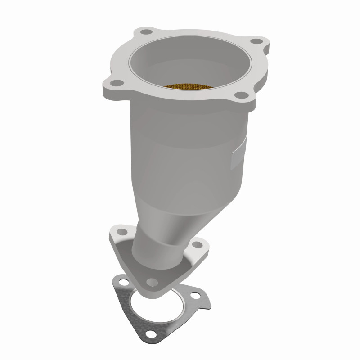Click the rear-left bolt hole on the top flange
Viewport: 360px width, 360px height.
pos(145,32)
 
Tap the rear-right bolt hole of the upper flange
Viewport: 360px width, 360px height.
pos(256,41)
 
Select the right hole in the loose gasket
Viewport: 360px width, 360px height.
pos(195,296)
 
